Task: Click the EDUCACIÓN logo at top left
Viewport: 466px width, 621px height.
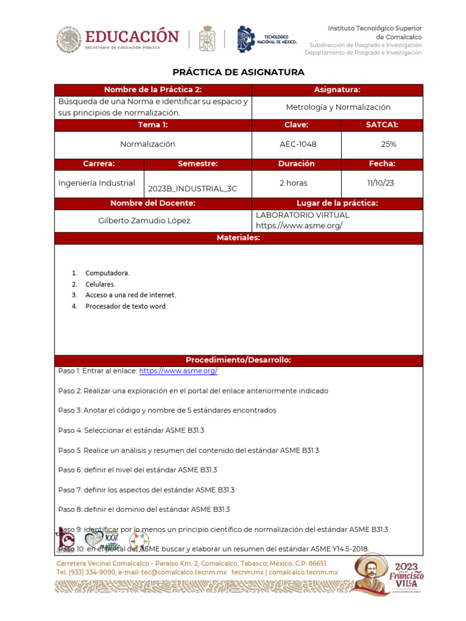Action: coord(118,39)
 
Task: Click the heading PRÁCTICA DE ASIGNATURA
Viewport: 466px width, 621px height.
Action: coord(238,72)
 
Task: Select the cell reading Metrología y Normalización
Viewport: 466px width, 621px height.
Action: coord(338,107)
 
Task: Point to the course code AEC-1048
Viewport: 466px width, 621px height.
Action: coord(298,144)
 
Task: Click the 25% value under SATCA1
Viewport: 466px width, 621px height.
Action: coord(388,144)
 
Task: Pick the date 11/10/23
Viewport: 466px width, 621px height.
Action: coord(382,183)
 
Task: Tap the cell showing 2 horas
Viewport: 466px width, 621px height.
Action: coord(293,183)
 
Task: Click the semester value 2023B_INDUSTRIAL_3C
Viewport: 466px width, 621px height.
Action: coord(192,189)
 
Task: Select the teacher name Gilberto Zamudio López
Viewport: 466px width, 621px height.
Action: coord(144,221)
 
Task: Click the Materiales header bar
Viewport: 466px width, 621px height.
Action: coord(238,238)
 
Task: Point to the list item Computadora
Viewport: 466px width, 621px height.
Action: coord(107,273)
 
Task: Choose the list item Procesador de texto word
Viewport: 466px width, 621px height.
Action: coord(126,306)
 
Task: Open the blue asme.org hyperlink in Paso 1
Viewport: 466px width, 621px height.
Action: coord(178,371)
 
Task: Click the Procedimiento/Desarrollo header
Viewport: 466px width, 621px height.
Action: coord(238,360)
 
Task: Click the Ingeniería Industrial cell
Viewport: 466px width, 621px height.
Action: coord(96,183)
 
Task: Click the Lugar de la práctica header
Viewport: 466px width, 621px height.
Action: coord(337,203)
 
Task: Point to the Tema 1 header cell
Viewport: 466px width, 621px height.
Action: coord(152,125)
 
